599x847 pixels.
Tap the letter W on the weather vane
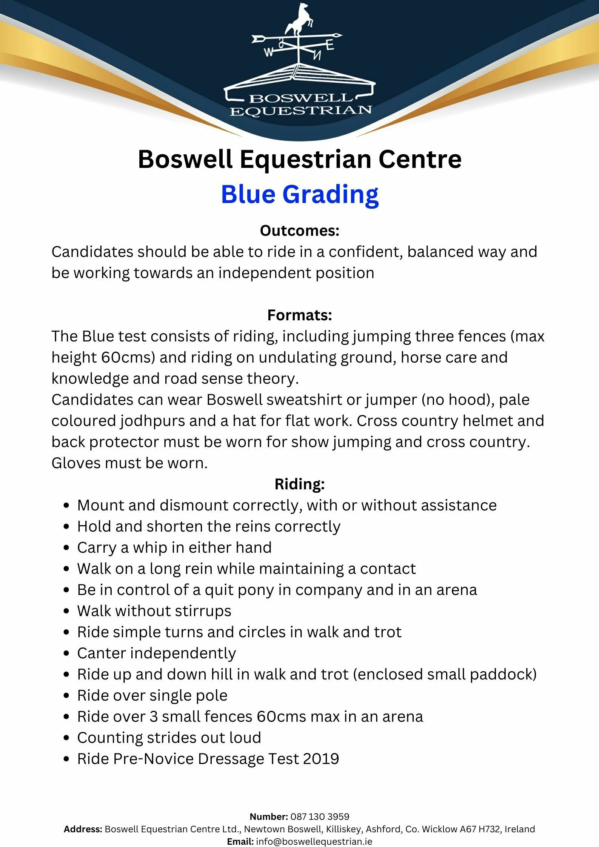pyautogui.click(x=268, y=52)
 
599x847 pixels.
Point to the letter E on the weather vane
pyautogui.click(x=330, y=46)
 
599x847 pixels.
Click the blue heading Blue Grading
pyautogui.click(x=300, y=194)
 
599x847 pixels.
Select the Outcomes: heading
pyautogui.click(x=300, y=231)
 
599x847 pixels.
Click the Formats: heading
pyautogui.click(x=300, y=315)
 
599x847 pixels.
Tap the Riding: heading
pyautogui.click(x=300, y=484)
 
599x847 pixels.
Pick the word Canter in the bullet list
pyautogui.click(x=102, y=653)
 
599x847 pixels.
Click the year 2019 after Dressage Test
pyautogui.click(x=320, y=759)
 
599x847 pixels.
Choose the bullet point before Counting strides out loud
pyautogui.click(x=66, y=738)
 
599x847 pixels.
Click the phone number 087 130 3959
pyautogui.click(x=320, y=817)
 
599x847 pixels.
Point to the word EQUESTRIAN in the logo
pyautogui.click(x=301, y=111)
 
